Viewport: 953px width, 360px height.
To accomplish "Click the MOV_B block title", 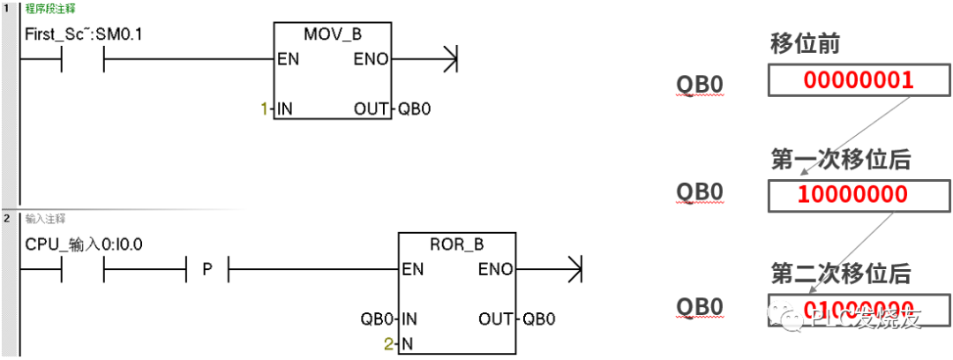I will tap(333, 34).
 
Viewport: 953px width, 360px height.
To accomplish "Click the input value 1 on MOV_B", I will tap(263, 109).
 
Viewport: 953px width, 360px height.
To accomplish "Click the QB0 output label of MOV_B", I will tap(416, 109).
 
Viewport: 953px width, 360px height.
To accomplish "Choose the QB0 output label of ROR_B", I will tap(539, 319).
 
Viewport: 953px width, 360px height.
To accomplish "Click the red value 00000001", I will tap(858, 81).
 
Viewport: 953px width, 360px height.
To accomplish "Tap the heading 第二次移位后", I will tap(840, 273).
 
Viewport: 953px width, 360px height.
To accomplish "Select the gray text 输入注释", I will tap(44, 218).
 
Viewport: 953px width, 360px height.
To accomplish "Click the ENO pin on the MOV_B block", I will tap(371, 61).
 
